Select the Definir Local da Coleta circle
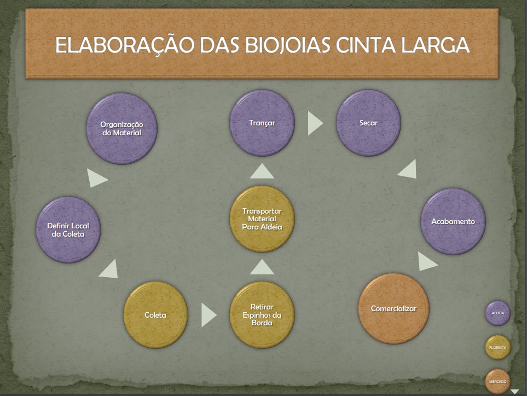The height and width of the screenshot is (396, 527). [x=68, y=229]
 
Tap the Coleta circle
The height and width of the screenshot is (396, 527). [x=155, y=315]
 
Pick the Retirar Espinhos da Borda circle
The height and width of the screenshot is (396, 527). [x=262, y=315]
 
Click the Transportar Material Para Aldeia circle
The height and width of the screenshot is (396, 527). [x=262, y=219]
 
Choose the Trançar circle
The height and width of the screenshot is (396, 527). [x=262, y=123]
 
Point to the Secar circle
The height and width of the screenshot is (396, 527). [x=368, y=123]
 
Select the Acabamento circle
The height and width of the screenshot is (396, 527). [x=453, y=222]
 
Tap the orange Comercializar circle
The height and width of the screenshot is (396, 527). [x=393, y=309]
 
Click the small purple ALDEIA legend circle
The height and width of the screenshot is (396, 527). [x=497, y=313]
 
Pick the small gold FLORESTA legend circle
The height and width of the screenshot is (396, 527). [x=497, y=347]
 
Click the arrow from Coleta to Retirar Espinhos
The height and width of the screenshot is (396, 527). [x=208, y=315]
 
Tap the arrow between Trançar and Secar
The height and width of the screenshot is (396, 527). [x=315, y=123]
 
